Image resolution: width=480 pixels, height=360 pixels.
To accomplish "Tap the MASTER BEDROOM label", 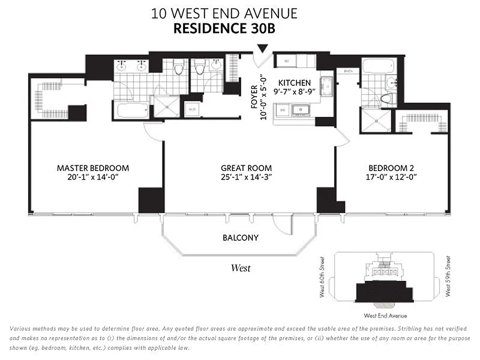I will [x=93, y=168].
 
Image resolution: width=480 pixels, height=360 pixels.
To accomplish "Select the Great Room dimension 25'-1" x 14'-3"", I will [x=247, y=177].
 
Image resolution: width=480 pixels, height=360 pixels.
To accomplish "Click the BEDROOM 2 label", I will [x=390, y=168].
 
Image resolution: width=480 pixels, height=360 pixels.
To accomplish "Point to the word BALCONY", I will [x=241, y=237].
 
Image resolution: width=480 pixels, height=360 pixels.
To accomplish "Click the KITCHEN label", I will [x=294, y=83].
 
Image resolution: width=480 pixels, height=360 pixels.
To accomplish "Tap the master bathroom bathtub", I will [x=131, y=110].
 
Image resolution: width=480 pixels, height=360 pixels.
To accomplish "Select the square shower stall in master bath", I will [x=167, y=106].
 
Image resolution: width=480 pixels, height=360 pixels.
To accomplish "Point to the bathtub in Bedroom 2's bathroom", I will [x=378, y=67].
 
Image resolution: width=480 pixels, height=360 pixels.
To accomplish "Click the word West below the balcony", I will [x=241, y=268].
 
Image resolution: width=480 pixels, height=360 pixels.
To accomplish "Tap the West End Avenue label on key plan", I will [x=385, y=316].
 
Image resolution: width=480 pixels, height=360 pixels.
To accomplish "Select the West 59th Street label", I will [x=447, y=276].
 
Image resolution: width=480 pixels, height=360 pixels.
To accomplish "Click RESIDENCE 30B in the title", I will [x=224, y=29].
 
